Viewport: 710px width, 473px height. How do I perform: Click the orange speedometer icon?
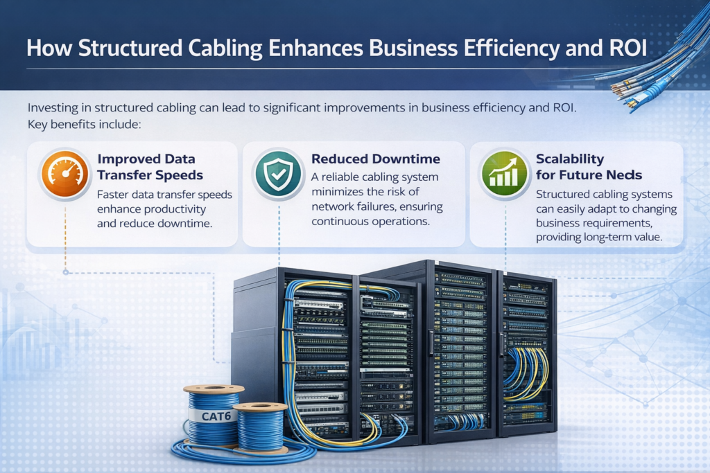coord(65,174)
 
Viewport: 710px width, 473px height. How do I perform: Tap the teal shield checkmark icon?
coord(278,174)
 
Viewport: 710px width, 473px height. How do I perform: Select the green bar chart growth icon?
coord(505,175)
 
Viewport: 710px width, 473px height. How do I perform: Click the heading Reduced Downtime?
coord(375,159)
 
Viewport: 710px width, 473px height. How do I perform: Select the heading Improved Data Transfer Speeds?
coord(150,167)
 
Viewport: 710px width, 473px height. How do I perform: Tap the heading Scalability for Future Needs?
coord(589,167)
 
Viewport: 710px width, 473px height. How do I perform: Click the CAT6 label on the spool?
coord(216,416)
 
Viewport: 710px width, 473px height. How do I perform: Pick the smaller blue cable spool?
coord(261,428)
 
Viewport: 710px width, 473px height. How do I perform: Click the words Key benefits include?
coord(84,125)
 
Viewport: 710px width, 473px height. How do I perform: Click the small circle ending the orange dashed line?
coord(66,272)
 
